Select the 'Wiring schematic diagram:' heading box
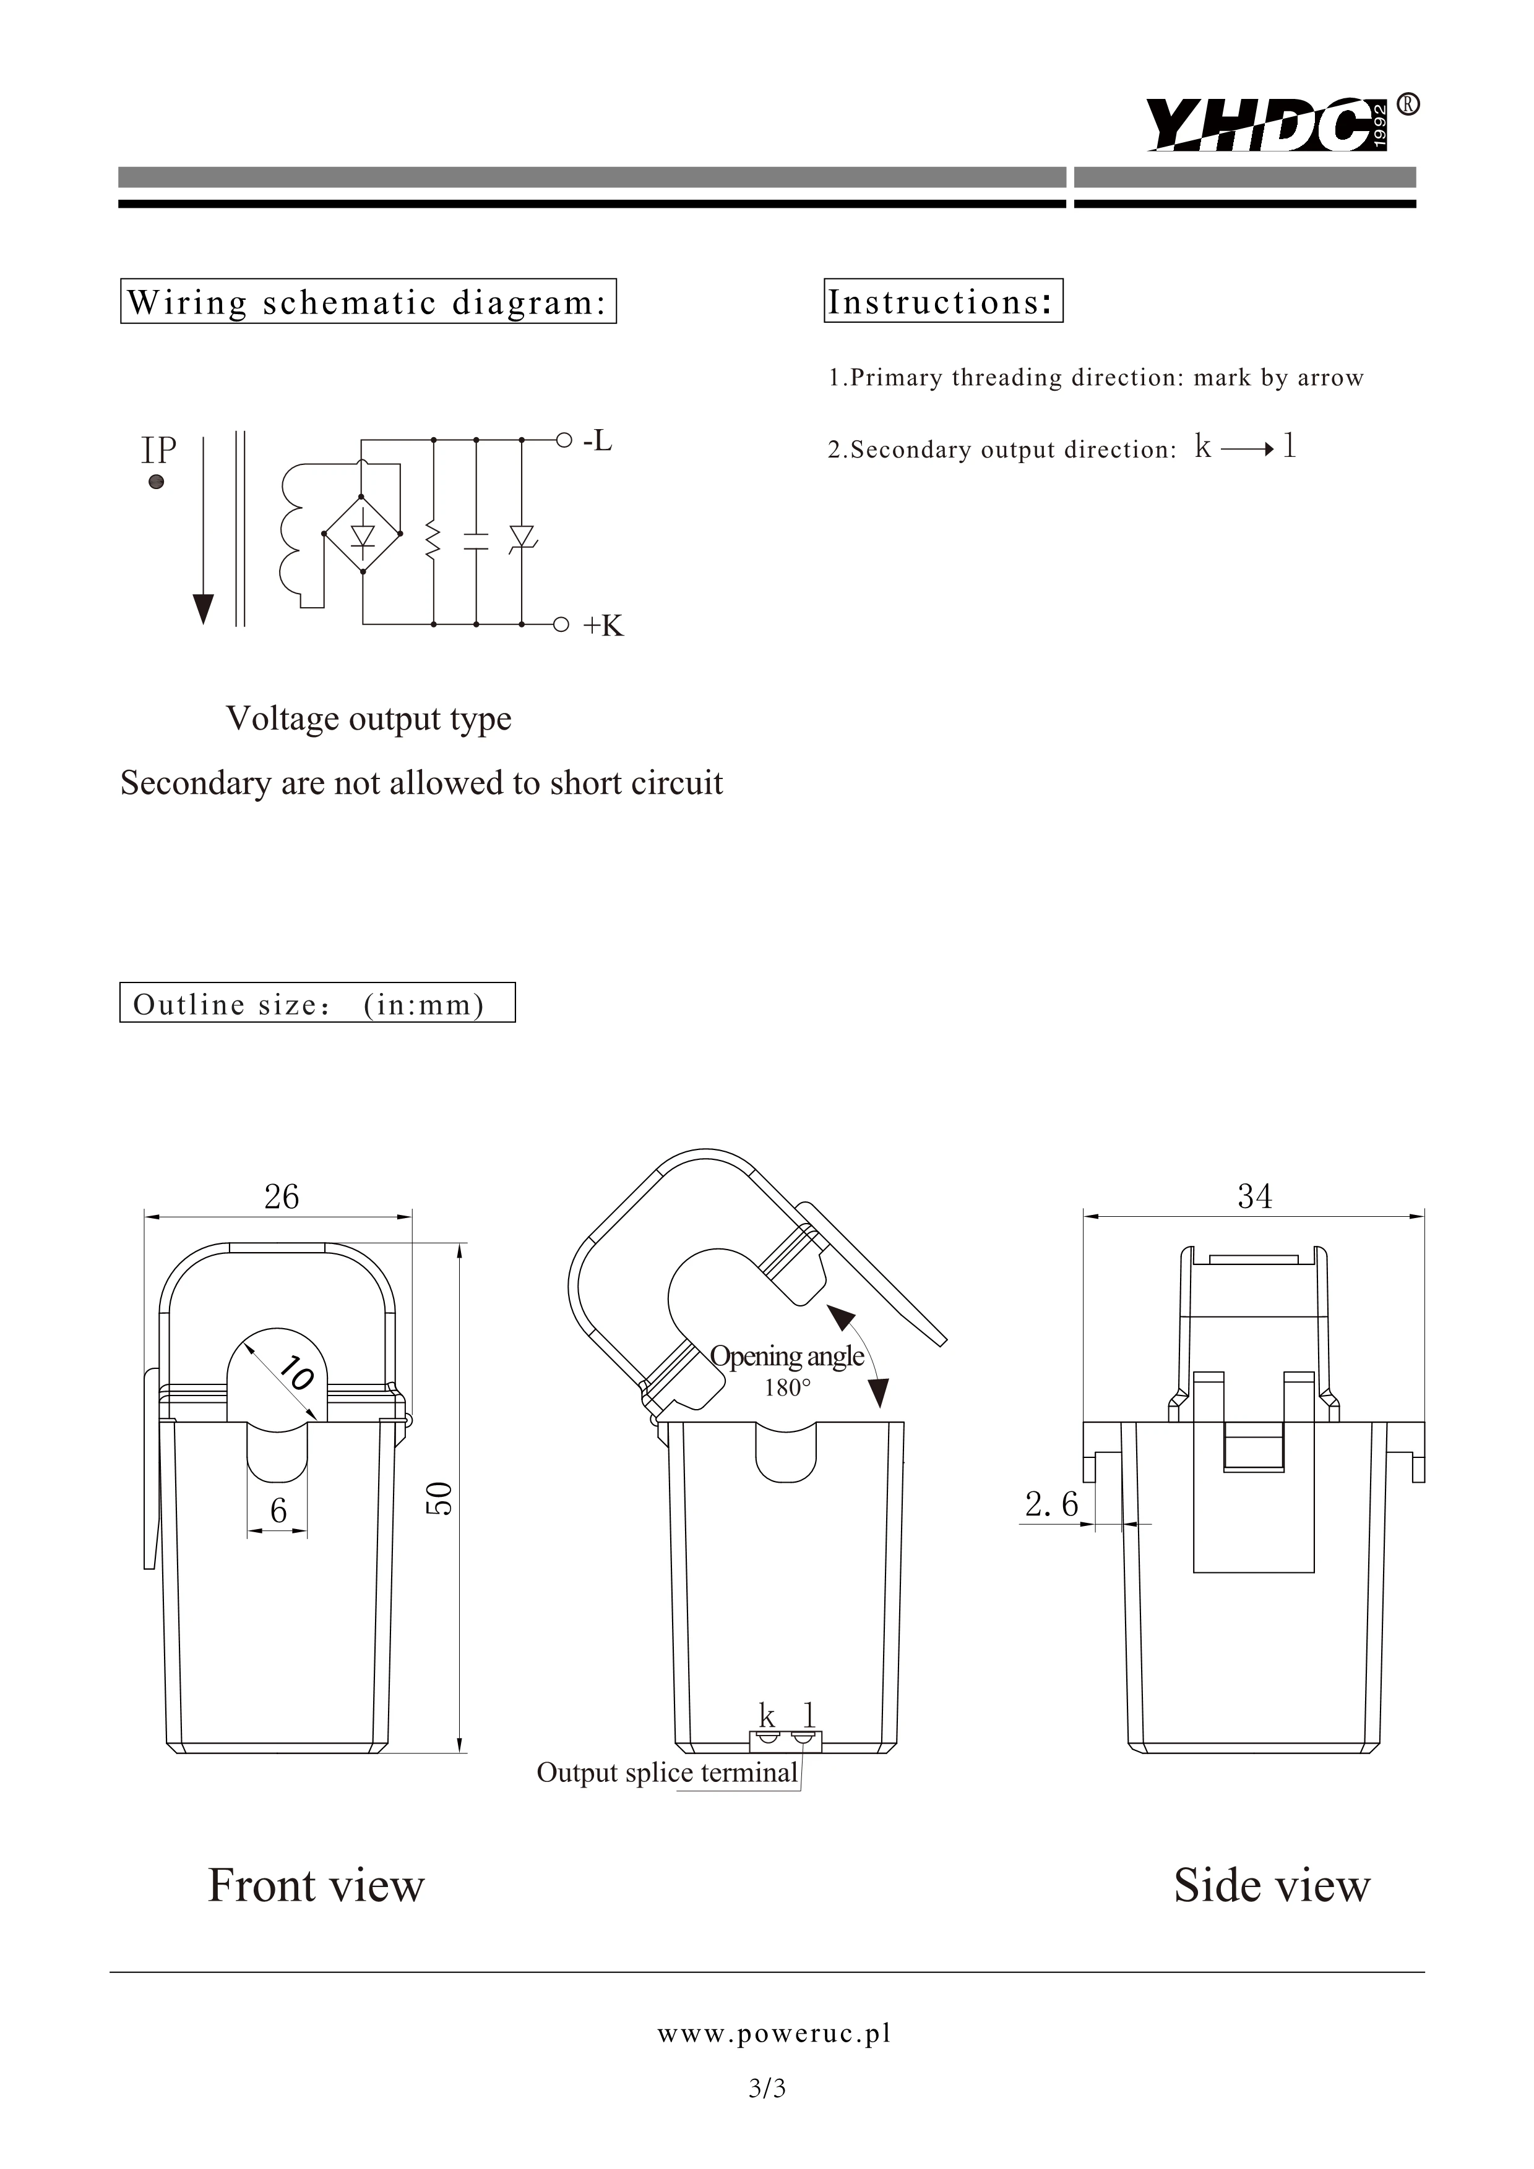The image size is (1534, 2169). pyautogui.click(x=368, y=301)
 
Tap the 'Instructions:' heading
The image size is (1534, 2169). pyautogui.click(x=942, y=301)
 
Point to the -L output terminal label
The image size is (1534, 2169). pyautogui.click(x=597, y=440)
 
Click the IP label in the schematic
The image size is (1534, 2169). pyautogui.click(x=159, y=451)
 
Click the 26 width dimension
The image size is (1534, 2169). pyautogui.click(x=281, y=1197)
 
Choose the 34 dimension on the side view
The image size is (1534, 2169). pyautogui.click(x=1254, y=1197)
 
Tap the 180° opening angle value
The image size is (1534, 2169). pyautogui.click(x=787, y=1387)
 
